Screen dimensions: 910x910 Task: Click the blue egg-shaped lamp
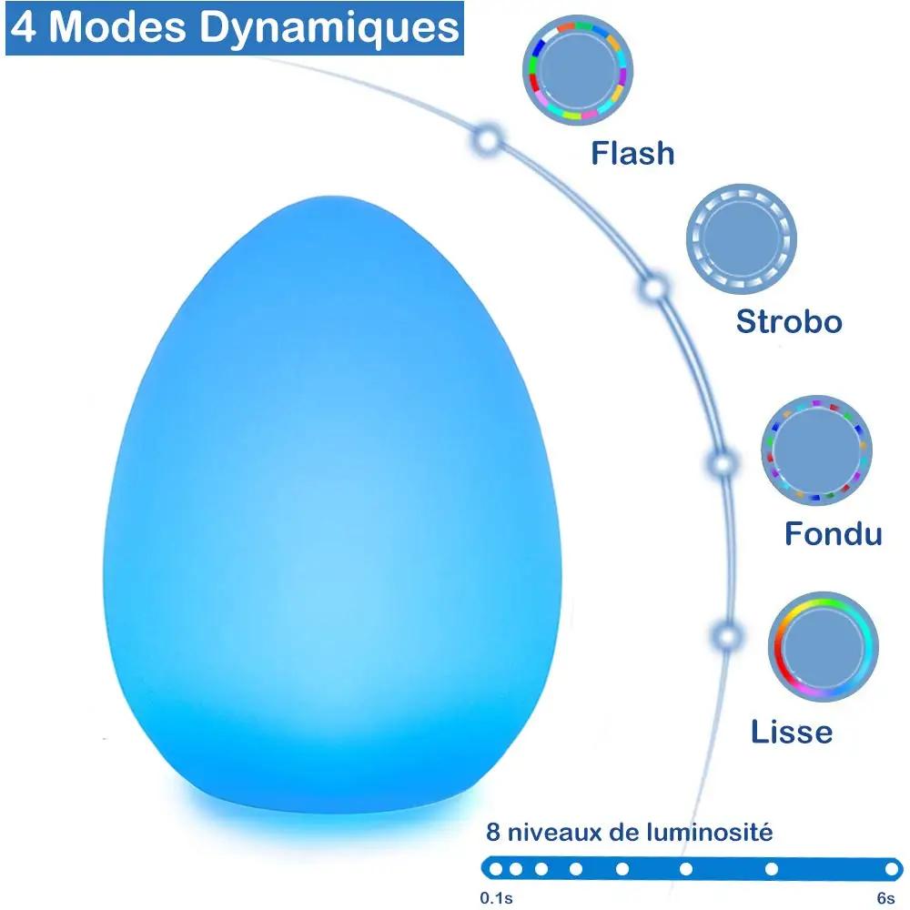click(332, 505)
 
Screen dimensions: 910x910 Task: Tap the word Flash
click(632, 154)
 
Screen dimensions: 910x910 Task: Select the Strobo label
click(789, 321)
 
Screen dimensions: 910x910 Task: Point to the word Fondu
click(834, 533)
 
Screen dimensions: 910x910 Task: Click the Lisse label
click(792, 732)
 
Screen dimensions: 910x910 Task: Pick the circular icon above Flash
click(578, 70)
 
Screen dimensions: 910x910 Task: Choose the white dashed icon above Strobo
click(741, 239)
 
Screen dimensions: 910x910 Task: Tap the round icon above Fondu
click(816, 450)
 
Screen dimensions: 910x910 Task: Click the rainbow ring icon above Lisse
click(823, 646)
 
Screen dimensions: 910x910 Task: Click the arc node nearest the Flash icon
click(488, 140)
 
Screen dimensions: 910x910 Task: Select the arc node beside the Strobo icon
click(654, 288)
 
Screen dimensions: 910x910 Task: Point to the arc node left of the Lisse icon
click(726, 635)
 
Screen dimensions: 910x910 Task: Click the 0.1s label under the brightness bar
click(496, 898)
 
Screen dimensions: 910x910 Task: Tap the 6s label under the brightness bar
click(885, 898)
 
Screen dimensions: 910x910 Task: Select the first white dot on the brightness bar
click(496, 869)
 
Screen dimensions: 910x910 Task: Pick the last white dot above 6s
click(892, 869)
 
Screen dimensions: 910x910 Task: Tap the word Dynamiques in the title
click(329, 28)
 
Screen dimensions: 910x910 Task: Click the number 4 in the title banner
click(24, 26)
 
